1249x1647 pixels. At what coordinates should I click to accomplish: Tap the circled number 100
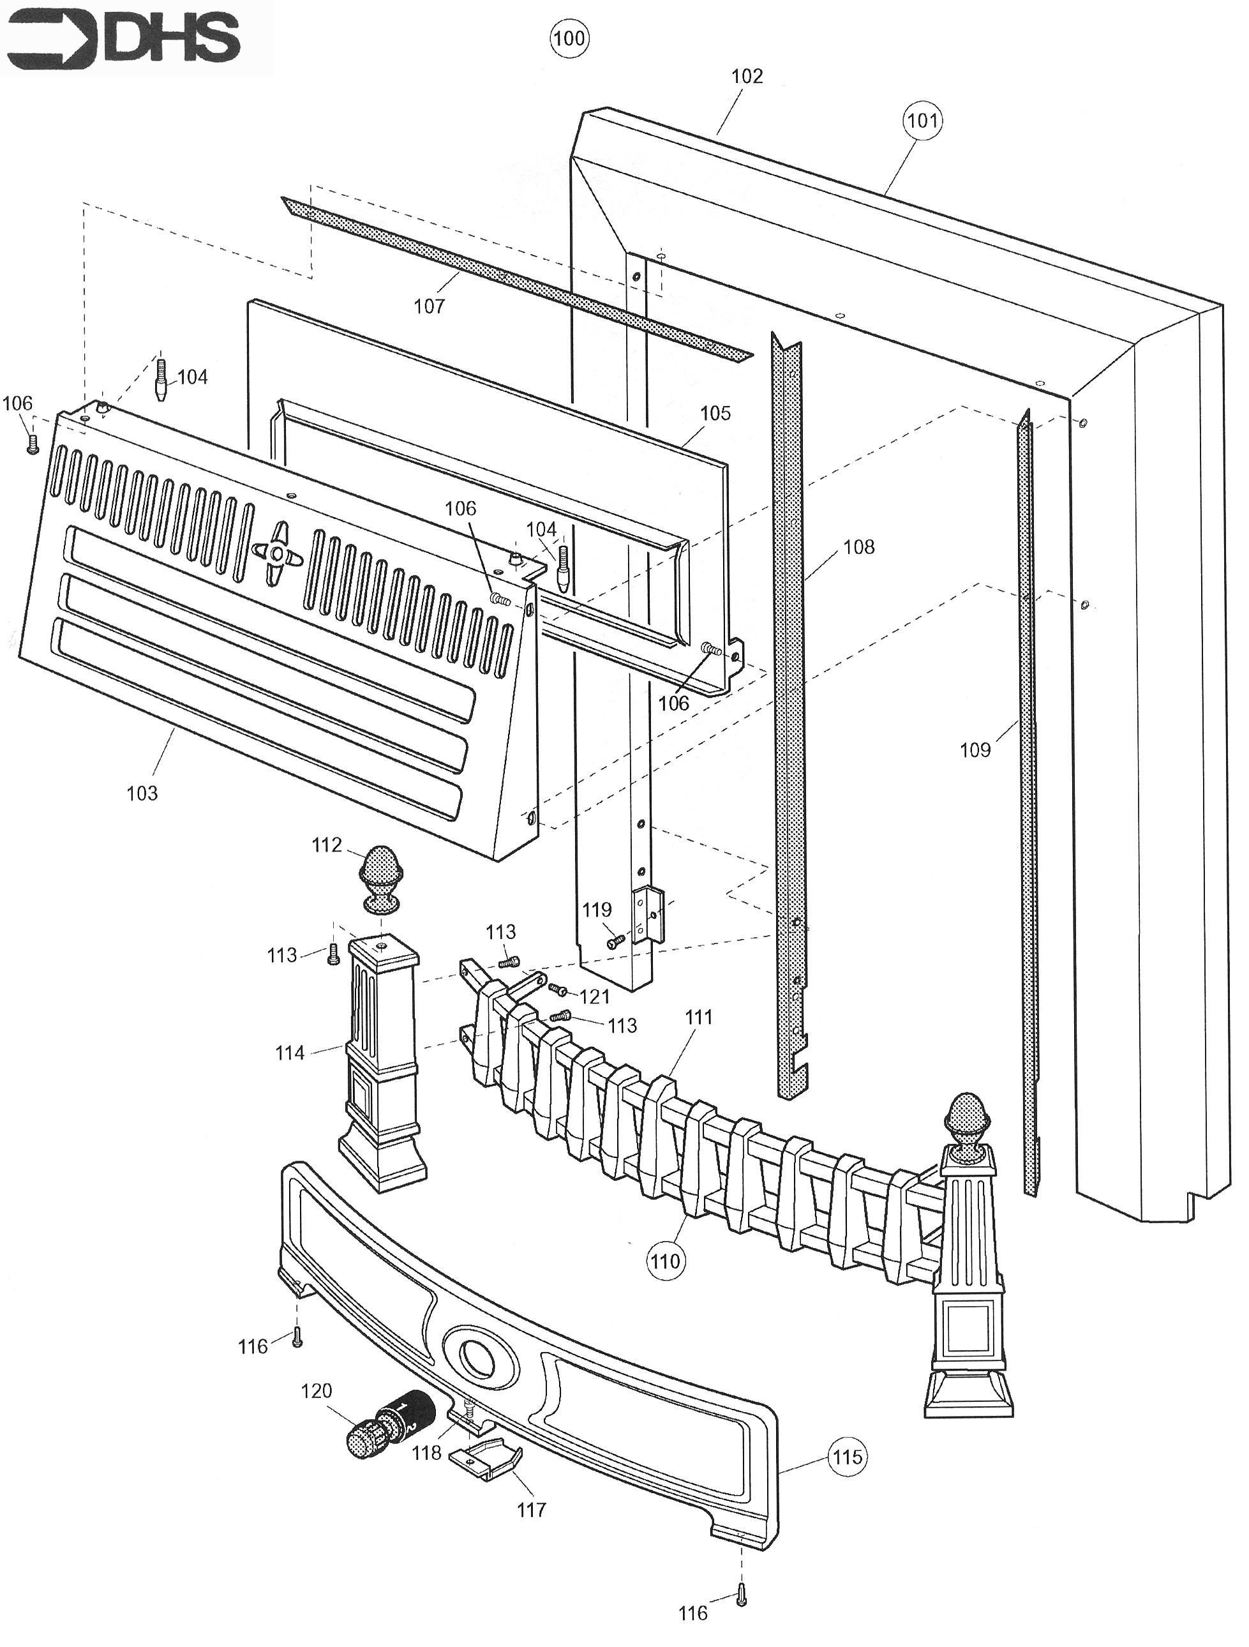569,38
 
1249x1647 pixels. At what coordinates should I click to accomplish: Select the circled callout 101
922,120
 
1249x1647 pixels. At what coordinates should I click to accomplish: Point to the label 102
747,76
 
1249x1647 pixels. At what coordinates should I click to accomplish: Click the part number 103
142,793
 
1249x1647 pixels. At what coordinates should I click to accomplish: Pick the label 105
715,413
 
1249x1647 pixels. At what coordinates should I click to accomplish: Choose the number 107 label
430,306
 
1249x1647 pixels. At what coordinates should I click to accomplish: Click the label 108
858,547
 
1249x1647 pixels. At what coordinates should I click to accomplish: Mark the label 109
975,750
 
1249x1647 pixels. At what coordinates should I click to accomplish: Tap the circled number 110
666,1261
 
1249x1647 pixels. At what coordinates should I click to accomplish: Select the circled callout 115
847,1456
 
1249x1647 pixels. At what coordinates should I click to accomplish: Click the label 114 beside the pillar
290,1053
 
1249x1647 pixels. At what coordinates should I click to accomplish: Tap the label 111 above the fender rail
698,1017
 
